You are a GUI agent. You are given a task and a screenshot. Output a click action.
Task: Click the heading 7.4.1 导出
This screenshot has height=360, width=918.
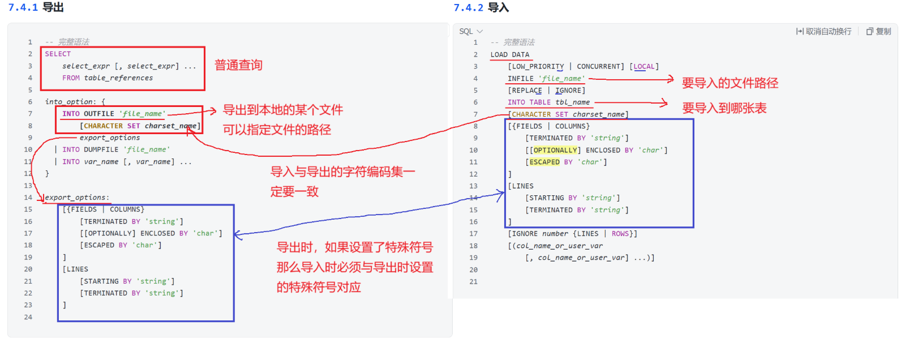pyautogui.click(x=36, y=7)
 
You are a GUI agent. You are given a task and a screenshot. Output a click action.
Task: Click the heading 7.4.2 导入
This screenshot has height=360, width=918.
pyautogui.click(x=481, y=7)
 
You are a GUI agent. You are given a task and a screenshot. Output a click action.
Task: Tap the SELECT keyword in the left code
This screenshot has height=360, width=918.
pyautogui.click(x=58, y=54)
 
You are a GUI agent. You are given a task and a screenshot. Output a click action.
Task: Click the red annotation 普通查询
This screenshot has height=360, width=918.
pyautogui.click(x=238, y=65)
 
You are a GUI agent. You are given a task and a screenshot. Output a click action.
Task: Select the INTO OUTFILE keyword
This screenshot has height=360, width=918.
pyautogui.click(x=88, y=114)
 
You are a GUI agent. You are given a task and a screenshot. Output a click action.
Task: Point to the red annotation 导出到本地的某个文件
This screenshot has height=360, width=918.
pyautogui.click(x=282, y=110)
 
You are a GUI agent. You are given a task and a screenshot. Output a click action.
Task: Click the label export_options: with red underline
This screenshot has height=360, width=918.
pyautogui.click(x=77, y=198)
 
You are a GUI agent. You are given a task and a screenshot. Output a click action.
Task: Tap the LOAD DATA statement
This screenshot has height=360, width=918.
pyautogui.click(x=509, y=55)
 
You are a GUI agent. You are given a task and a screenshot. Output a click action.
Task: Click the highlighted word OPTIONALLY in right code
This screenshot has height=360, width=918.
pyautogui.click(x=555, y=150)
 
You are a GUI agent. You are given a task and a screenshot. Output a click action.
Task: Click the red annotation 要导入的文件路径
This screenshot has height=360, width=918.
pyautogui.click(x=730, y=83)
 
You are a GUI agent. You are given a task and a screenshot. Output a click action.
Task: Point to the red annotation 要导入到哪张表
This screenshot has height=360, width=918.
pyautogui.click(x=724, y=108)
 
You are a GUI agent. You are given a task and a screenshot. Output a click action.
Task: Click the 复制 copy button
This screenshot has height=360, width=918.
pyautogui.click(x=878, y=32)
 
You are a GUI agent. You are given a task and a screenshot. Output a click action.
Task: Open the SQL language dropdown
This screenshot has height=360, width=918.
pyautogui.click(x=471, y=32)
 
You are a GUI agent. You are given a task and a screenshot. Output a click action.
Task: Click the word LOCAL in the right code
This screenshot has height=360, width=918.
pyautogui.click(x=644, y=67)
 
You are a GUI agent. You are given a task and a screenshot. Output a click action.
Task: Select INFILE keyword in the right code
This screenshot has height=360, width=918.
pyautogui.click(x=520, y=79)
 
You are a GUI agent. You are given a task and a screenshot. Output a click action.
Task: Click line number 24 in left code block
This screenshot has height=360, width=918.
pyautogui.click(x=28, y=317)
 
